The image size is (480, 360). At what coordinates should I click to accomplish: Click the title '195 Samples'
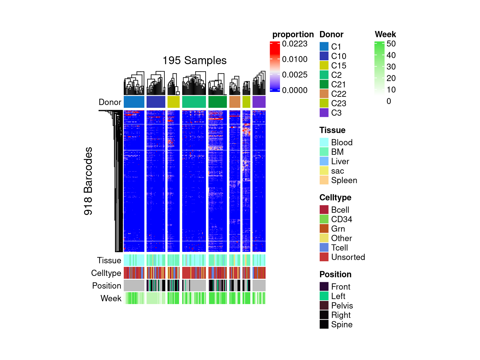pos(194,60)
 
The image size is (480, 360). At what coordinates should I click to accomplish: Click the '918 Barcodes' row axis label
pos(88,181)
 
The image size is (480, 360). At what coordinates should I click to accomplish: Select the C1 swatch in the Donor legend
pos(324,47)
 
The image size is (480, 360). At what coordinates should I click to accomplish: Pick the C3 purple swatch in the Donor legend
pos(324,113)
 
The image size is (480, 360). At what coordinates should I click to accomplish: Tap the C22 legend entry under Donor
pos(338,94)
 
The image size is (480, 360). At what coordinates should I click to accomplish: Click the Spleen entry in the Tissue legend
pos(344,180)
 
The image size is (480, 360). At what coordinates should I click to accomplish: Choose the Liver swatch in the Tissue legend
pos(324,161)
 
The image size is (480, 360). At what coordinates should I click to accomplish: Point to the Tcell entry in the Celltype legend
pos(339,247)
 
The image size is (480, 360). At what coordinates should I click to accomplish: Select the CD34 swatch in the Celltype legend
pos(324,219)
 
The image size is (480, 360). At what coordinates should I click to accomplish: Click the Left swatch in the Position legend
pos(324,296)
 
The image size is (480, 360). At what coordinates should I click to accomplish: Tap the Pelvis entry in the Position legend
pos(342,306)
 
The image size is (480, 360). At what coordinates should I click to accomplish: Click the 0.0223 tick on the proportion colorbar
pos(294,44)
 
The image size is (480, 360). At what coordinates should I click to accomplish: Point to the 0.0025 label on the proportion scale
pos(294,75)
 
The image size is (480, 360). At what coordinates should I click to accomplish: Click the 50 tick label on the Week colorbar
pos(391,44)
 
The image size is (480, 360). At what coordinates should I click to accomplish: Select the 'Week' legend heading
pos(385,34)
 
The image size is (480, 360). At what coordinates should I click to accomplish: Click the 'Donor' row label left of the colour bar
pos(110,102)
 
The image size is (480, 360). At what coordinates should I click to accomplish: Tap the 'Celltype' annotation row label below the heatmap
pos(106,273)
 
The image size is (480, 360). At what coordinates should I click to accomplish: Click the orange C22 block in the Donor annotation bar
pos(235,102)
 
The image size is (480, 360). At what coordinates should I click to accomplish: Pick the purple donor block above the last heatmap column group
pos(259,102)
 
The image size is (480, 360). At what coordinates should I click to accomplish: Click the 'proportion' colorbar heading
pos(293,34)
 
